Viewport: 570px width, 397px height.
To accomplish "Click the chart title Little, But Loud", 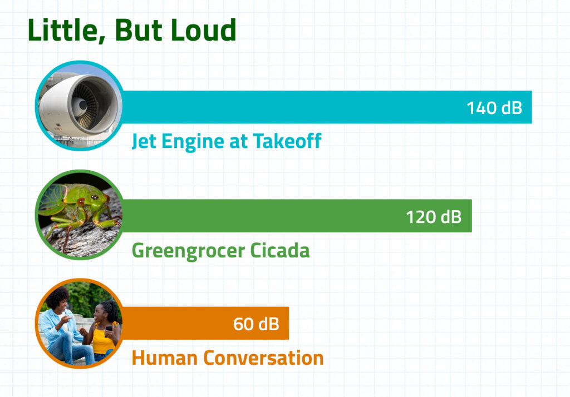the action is pyautogui.click(x=132, y=30).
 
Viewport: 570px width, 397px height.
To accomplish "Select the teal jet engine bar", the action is pyautogui.click(x=327, y=107).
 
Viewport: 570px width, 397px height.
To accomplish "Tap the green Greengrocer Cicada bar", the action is pyautogui.click(x=297, y=216).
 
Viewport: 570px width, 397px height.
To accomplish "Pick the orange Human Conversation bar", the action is pyautogui.click(x=205, y=323).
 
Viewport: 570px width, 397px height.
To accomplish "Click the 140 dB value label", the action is pyautogui.click(x=494, y=108).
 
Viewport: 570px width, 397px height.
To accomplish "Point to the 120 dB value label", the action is pyautogui.click(x=434, y=217).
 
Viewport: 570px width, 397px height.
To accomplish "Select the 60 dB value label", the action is pyautogui.click(x=256, y=324).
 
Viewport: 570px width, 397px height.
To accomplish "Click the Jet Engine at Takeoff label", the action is pyautogui.click(x=227, y=141).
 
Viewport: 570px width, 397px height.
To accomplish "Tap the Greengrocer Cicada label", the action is pyautogui.click(x=220, y=251).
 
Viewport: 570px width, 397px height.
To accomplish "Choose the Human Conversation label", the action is pyautogui.click(x=228, y=358).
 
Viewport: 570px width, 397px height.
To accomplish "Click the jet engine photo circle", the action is pyautogui.click(x=80, y=106).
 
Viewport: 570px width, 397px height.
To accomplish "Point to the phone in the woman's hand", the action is pyautogui.click(x=109, y=329).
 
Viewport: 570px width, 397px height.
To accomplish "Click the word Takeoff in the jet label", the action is pyautogui.click(x=287, y=141).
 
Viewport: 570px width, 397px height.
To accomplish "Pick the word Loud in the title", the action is pyautogui.click(x=204, y=30).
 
